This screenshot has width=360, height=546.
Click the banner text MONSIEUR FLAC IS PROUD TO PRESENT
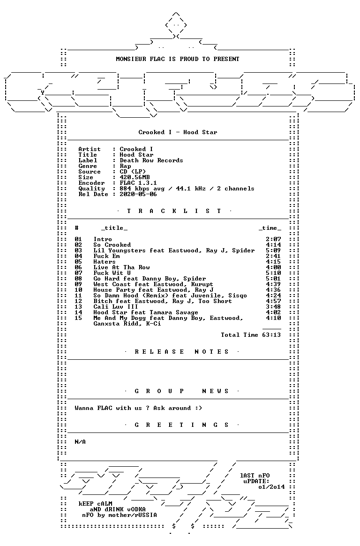(178, 59)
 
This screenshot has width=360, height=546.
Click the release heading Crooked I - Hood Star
(178, 132)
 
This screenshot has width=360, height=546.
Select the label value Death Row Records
(151, 160)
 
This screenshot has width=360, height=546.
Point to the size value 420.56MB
(135, 177)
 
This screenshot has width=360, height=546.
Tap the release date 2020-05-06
(138, 194)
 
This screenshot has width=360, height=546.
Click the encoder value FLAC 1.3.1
(138, 183)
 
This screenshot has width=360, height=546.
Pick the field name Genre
(88, 166)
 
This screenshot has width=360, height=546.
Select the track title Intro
(103, 239)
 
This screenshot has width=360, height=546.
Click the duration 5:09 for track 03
(273, 250)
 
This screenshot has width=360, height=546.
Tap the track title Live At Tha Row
(121, 267)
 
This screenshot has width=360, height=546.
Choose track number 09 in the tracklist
(78, 284)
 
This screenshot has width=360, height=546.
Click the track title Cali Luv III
(116, 307)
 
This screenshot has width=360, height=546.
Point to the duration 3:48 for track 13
(273, 307)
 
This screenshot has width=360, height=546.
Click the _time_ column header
(270, 228)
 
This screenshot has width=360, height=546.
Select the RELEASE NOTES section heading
(181, 352)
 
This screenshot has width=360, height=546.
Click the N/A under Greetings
(80, 442)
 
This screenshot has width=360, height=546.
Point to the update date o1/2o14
(272, 487)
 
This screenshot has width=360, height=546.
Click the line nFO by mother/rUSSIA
(120, 515)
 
